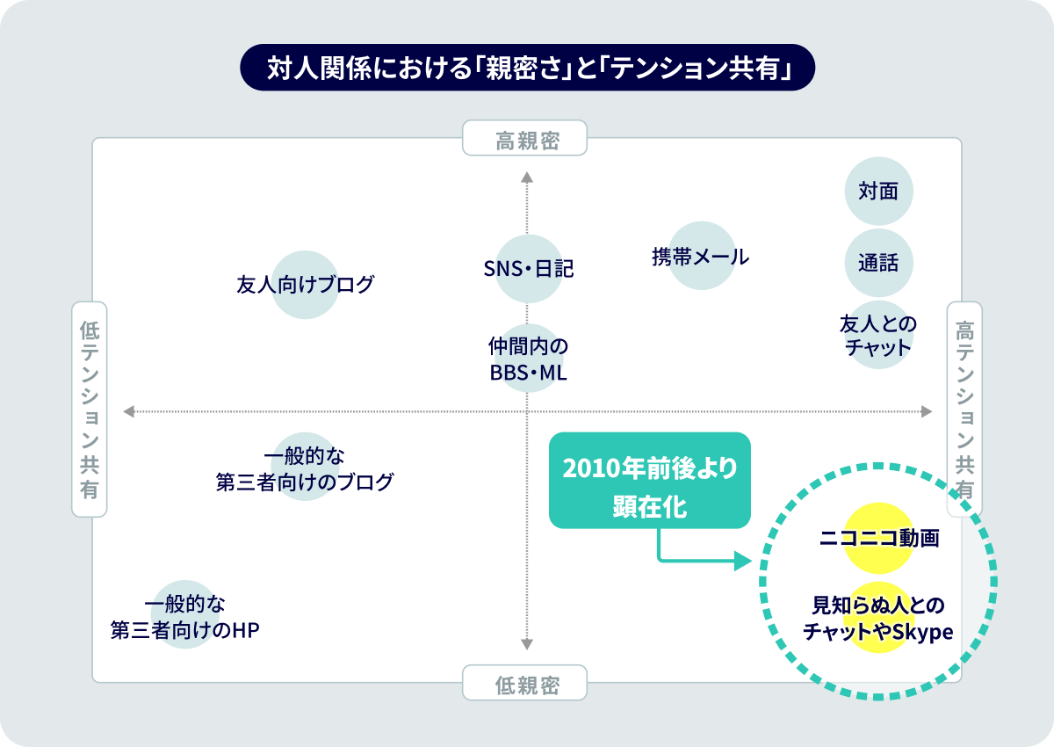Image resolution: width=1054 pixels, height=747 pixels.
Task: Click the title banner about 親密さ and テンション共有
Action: click(527, 68)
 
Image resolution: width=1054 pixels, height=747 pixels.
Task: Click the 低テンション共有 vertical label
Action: click(89, 410)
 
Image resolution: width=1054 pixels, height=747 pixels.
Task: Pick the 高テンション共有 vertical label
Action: click(964, 410)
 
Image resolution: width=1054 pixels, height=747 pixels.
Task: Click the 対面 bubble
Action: click(878, 191)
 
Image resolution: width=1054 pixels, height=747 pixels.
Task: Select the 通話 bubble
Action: click(878, 263)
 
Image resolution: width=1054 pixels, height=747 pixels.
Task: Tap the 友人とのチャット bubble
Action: click(878, 336)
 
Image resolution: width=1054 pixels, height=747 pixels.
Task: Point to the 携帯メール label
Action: click(701, 257)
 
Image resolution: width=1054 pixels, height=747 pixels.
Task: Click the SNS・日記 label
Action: click(528, 269)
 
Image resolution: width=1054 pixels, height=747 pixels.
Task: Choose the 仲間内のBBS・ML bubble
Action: click(528, 359)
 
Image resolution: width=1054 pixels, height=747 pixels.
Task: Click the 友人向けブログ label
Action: click(305, 285)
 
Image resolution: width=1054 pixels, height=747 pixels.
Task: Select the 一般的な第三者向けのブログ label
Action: click(305, 469)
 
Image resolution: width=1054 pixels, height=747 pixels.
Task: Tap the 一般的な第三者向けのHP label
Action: click(185, 618)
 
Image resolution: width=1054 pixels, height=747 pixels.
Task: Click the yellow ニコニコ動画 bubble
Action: click(878, 538)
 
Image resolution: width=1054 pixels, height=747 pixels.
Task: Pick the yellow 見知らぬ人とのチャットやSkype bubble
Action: click(878, 619)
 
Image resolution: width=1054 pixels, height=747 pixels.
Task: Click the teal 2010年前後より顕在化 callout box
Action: click(649, 480)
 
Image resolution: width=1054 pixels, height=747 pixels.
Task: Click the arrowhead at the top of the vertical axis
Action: click(527, 177)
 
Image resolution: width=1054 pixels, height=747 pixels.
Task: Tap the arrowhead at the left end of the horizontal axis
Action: click(128, 410)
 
